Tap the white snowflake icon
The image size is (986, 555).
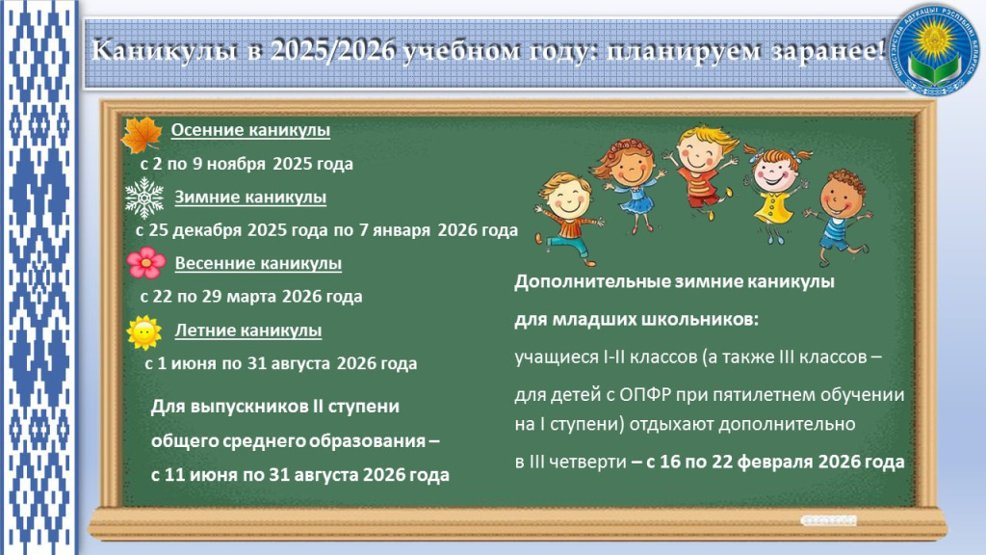[x=144, y=198]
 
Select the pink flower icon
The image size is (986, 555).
[x=144, y=262]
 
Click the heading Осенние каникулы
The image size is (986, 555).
[x=249, y=131]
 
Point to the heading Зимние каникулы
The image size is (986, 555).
[x=249, y=198]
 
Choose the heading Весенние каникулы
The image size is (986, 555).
[x=257, y=263]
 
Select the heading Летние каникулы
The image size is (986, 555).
[x=247, y=330]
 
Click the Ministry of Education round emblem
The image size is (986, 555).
[x=933, y=50]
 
